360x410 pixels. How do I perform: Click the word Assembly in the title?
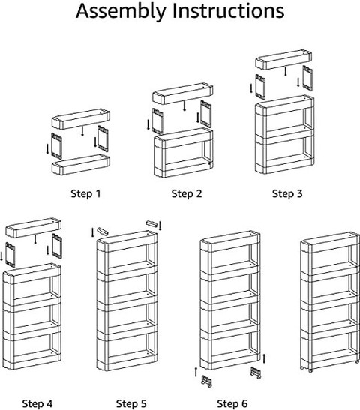coord(121,11)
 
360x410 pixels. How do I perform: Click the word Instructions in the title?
coord(229,10)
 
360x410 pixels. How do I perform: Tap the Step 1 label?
coord(85,193)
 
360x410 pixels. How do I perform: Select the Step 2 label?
coord(187,193)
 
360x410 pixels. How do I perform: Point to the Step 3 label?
coord(287,193)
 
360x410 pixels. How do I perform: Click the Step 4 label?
coord(37,403)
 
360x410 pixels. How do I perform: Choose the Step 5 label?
coord(131,403)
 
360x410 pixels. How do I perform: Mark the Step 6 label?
coord(232,403)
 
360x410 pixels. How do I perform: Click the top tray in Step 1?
coord(80,119)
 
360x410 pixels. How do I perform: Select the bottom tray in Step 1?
coord(80,164)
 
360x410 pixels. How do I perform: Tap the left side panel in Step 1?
coord(56,146)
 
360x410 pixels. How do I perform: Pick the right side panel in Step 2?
coord(206,114)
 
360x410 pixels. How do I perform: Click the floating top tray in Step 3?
coord(283,59)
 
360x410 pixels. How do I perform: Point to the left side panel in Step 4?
coord(10,255)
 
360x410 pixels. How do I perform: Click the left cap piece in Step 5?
coord(103,231)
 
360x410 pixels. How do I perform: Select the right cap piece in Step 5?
coord(151,224)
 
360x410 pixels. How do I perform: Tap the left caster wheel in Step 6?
coord(206,381)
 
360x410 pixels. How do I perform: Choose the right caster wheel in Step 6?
coord(256,373)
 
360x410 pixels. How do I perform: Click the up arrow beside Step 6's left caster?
coord(196,372)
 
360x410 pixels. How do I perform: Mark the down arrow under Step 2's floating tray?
coord(184,106)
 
